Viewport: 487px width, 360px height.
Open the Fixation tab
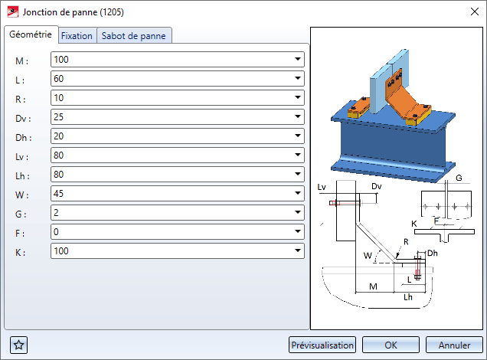point(77,36)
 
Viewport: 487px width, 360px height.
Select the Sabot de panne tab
point(134,36)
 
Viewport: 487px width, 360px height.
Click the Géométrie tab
point(31,34)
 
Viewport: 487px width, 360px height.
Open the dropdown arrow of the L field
point(298,78)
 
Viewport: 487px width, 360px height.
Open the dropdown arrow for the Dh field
point(298,136)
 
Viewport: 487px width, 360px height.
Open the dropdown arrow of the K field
point(298,250)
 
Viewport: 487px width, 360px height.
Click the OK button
point(391,345)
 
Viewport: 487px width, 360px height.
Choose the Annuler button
point(454,345)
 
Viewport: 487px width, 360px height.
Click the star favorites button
point(18,345)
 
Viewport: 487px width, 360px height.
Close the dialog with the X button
point(474,11)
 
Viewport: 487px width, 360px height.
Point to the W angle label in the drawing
point(368,256)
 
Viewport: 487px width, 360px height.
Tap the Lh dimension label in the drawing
point(408,297)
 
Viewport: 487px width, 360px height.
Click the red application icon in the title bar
point(13,12)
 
